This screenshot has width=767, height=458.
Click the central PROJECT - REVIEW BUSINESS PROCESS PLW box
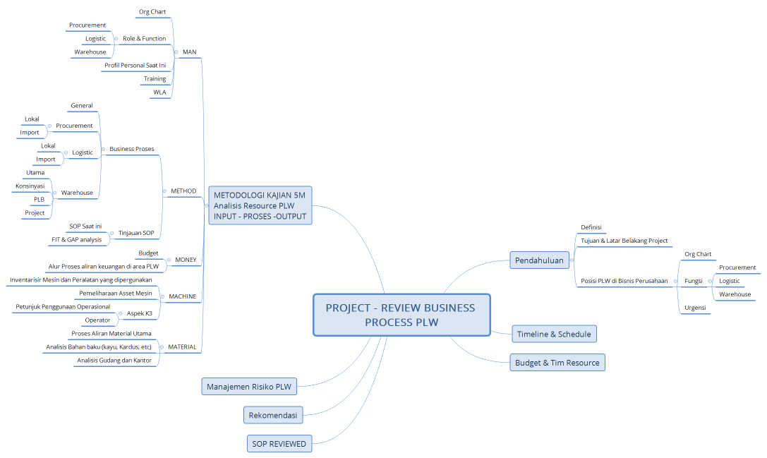[x=401, y=315]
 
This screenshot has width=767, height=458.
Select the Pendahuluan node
[x=539, y=260]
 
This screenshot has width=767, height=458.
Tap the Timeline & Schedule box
[x=554, y=334]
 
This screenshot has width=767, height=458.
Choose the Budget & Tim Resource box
[x=557, y=363]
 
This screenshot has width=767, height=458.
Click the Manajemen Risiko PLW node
[x=248, y=386]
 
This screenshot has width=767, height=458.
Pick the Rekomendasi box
[x=272, y=415]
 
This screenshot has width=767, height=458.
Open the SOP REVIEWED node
[x=279, y=444]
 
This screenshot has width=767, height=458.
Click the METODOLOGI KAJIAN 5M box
[x=260, y=205]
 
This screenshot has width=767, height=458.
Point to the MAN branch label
[x=189, y=52]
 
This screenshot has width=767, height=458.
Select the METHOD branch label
[x=183, y=191]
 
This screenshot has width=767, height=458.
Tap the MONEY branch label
[x=186, y=260]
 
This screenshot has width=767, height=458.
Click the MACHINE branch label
[x=183, y=296]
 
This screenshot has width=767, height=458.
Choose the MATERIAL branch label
[x=182, y=347]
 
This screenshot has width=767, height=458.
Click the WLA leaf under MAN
[x=159, y=92]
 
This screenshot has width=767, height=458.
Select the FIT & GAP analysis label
[x=76, y=239]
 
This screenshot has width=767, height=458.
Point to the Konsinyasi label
[x=30, y=186]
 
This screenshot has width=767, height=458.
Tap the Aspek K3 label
[x=139, y=313]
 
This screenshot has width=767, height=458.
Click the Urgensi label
[x=695, y=308]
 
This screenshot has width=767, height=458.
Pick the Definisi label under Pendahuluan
[x=591, y=227]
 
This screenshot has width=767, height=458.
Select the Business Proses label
[x=131, y=149]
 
